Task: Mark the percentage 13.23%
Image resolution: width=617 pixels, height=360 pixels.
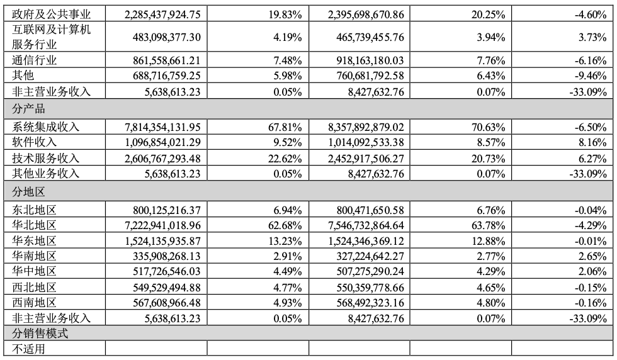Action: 287,240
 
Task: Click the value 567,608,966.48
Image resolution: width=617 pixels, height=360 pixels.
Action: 157,302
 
